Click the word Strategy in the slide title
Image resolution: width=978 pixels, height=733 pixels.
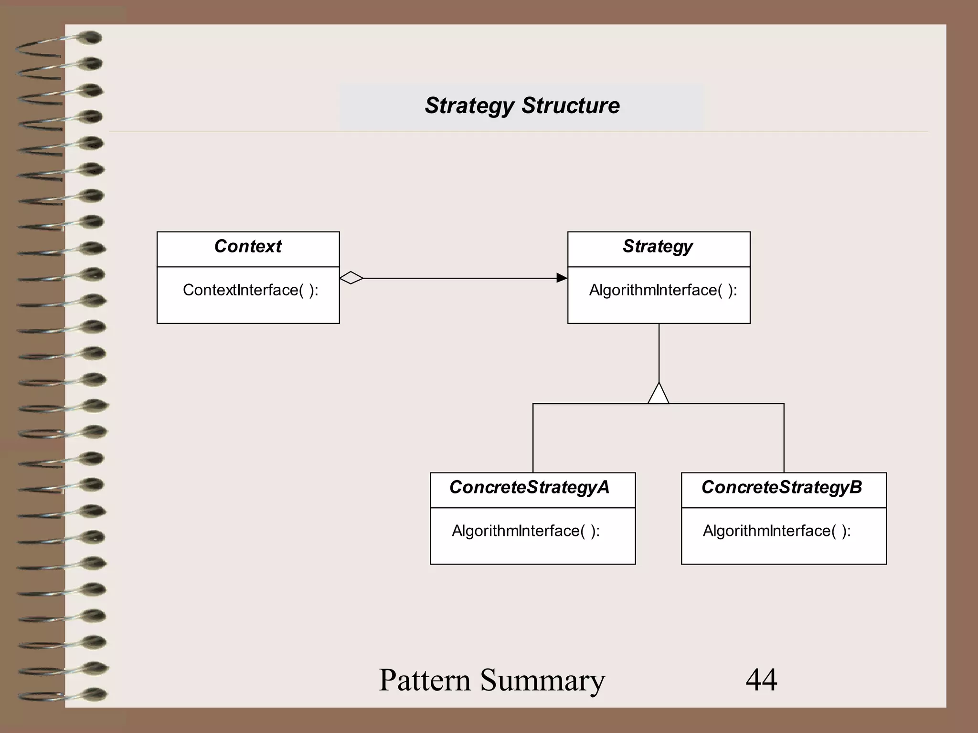point(469,106)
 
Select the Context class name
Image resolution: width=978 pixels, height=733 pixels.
point(248,246)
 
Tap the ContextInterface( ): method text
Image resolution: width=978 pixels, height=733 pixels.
point(250,290)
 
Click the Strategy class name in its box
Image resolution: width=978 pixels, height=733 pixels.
point(658,246)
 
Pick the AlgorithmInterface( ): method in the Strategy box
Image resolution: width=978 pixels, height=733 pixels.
point(663,290)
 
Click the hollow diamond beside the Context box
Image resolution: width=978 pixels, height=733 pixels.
point(351,278)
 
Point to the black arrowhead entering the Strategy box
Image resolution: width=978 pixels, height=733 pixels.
point(562,278)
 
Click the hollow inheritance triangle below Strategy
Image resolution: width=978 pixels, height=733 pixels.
point(659,395)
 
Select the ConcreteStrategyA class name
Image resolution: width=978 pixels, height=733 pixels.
point(529,487)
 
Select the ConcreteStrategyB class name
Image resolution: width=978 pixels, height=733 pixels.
point(782,487)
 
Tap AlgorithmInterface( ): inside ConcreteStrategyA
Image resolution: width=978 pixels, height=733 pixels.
point(525,531)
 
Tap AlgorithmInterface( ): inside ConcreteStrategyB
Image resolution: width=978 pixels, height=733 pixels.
point(776,531)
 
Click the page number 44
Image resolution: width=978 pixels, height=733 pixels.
point(761,680)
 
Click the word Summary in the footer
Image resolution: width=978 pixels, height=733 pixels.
point(542,681)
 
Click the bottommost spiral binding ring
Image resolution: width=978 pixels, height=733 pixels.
point(91,694)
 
